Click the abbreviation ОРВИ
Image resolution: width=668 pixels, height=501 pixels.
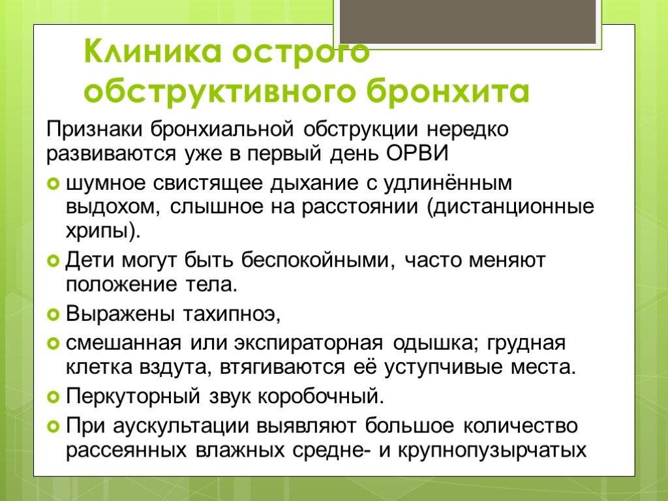tap(417, 153)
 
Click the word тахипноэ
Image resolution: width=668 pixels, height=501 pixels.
tap(232, 315)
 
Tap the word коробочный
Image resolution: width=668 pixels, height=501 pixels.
tap(321, 397)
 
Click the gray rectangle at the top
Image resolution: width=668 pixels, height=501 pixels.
tap(468, 22)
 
